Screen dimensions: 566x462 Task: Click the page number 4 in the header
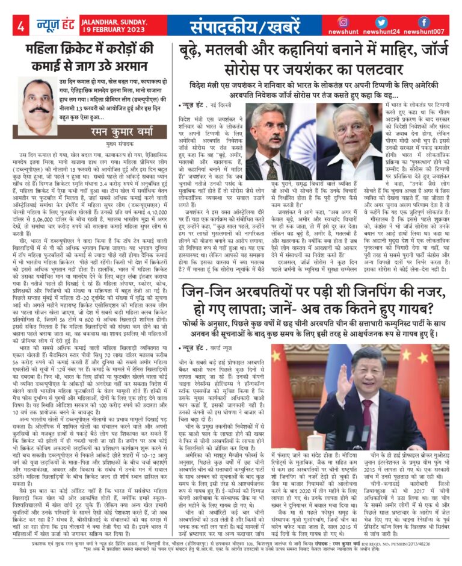pyautogui.click(x=20, y=26)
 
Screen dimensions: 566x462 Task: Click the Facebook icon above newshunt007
pyautogui.click(x=424, y=22)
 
